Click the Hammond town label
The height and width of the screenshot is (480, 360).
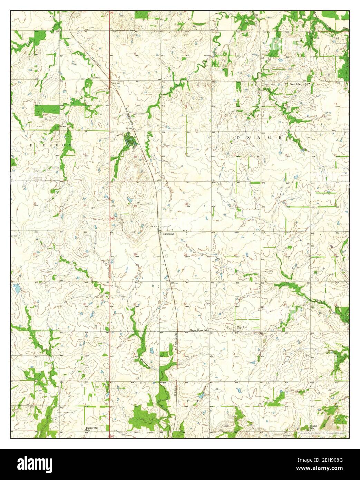pos(169,234)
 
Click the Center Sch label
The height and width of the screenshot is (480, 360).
pos(313,427)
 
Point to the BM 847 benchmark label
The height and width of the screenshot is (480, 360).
pos(115,84)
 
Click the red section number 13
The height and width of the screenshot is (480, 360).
pos(84,153)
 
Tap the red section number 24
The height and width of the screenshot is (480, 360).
pos(85,206)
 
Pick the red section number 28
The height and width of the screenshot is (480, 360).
pos(236,255)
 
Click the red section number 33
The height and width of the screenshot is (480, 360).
pos(236,305)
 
